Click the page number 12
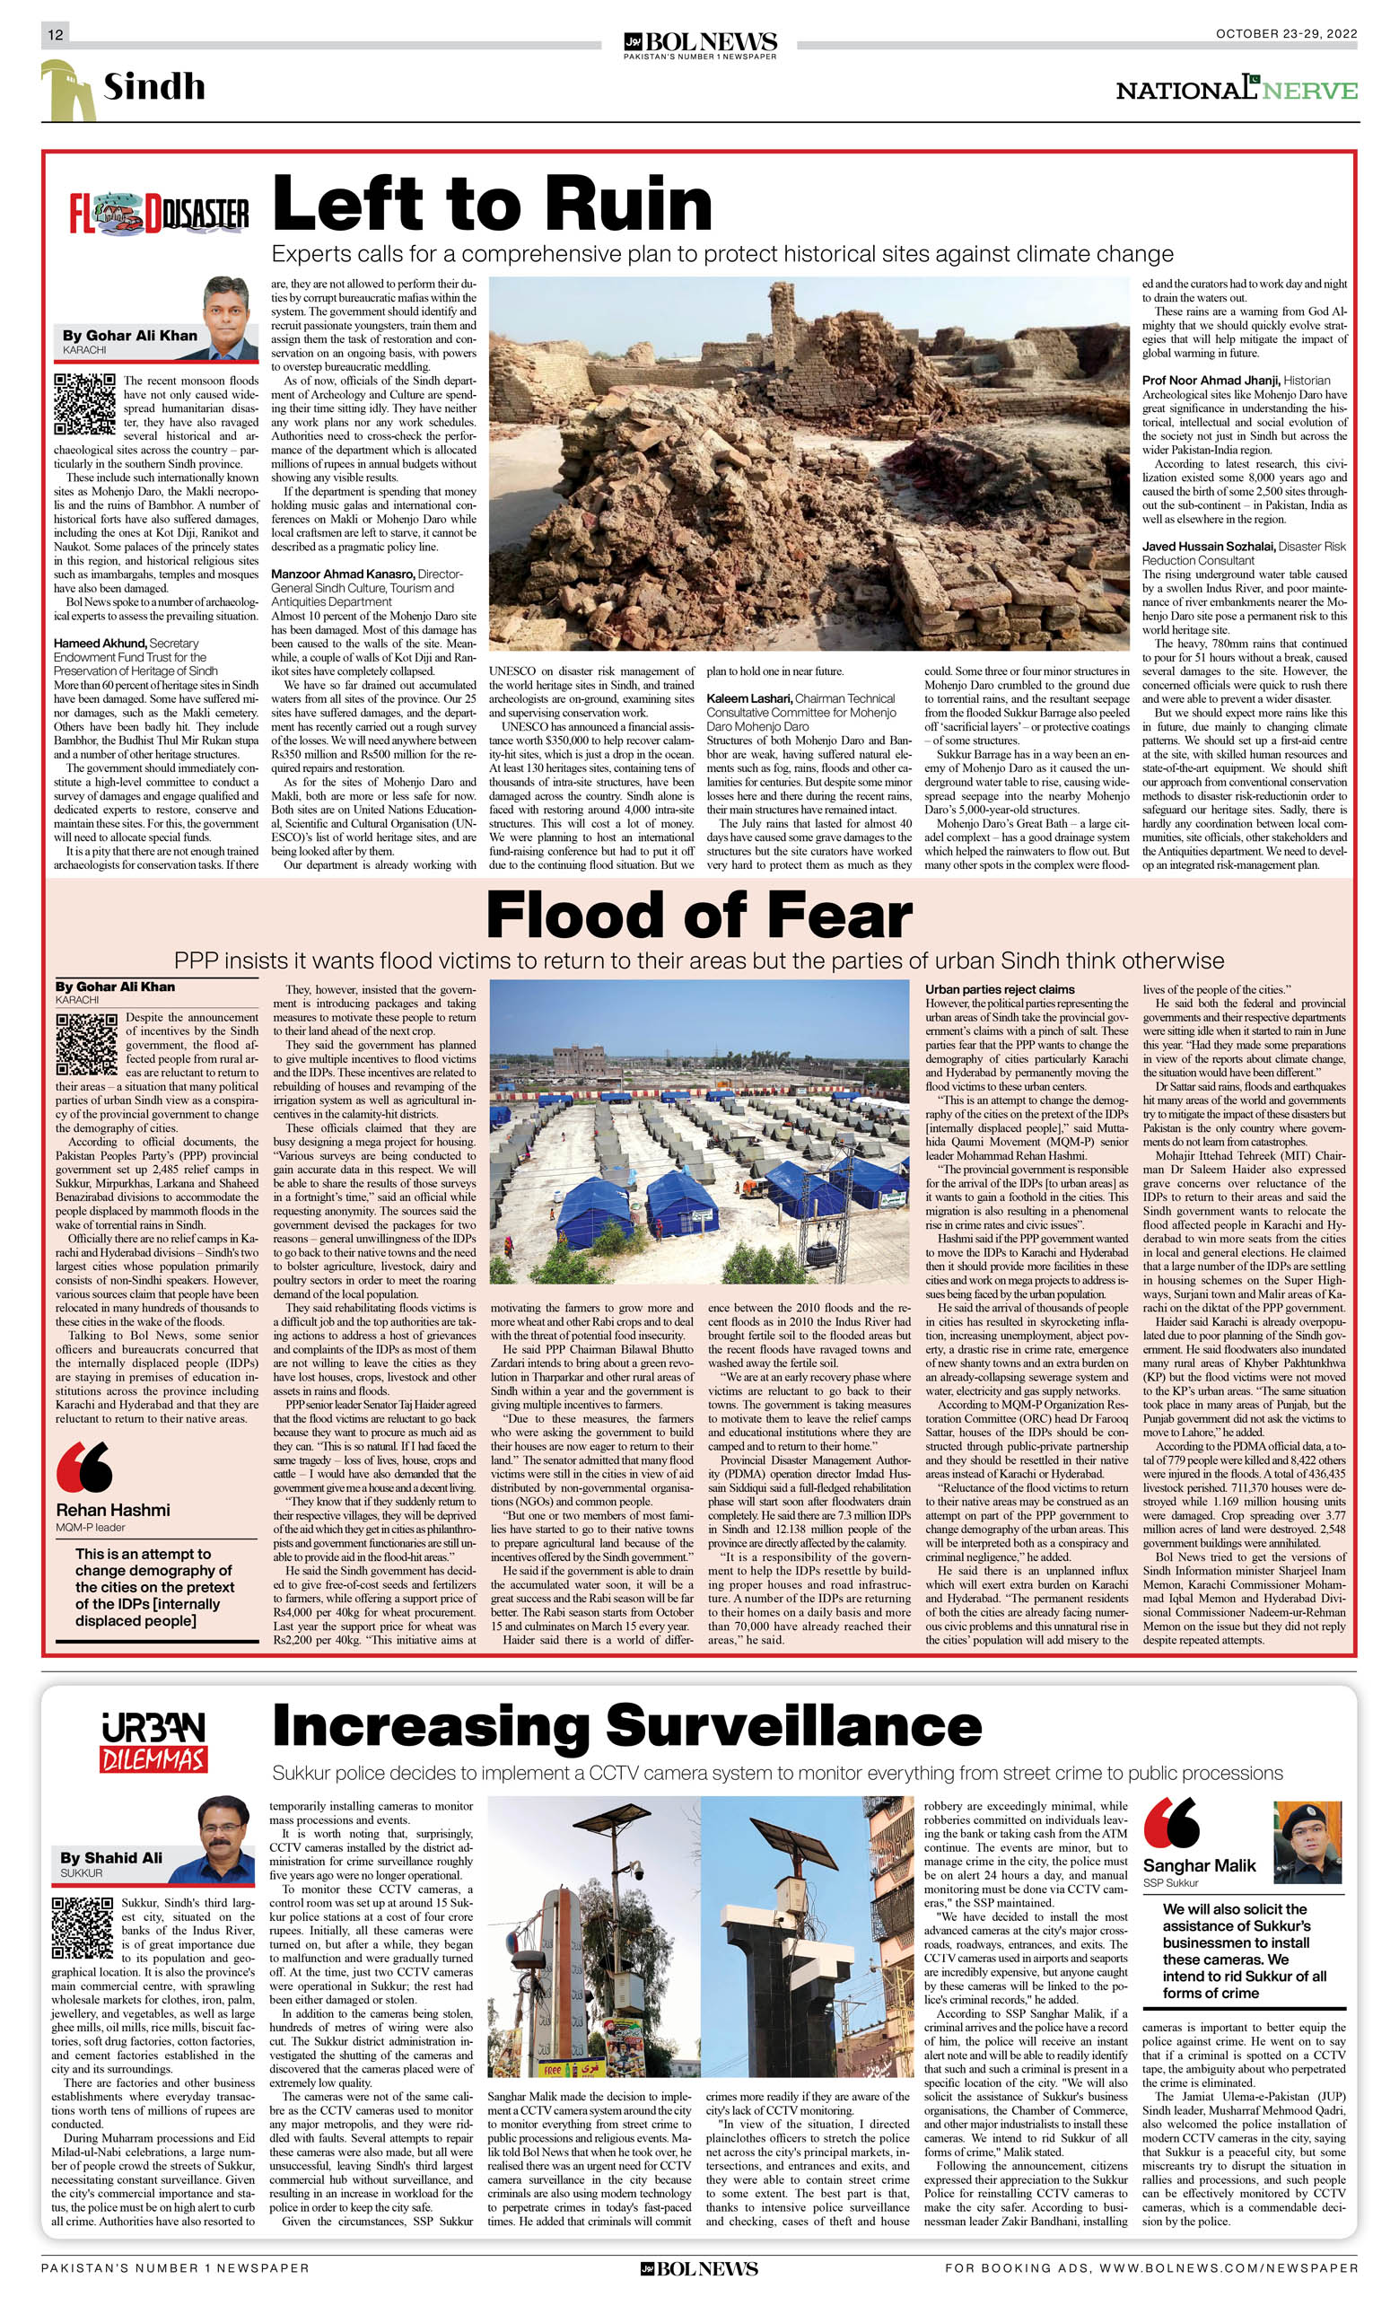(55, 34)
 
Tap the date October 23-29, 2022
(1285, 33)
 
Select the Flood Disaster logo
(160, 215)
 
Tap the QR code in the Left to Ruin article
(85, 405)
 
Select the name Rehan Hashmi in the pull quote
(113, 1509)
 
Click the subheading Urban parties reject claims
(999, 989)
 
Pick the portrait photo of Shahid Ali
(223, 1839)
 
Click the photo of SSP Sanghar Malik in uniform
(1307, 1842)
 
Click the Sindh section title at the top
(153, 87)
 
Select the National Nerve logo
(1236, 90)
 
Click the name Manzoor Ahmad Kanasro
(342, 574)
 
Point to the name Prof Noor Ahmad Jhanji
(1211, 381)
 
